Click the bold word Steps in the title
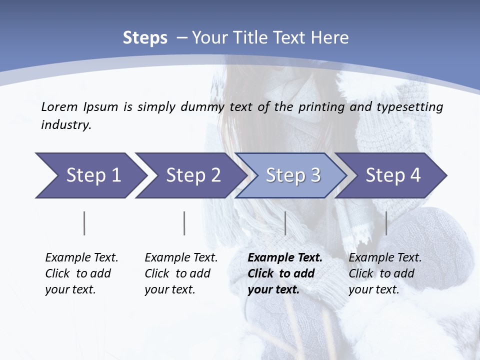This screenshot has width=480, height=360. (145, 38)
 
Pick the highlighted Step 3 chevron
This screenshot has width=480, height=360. (293, 175)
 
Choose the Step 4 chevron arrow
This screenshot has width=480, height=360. (393, 175)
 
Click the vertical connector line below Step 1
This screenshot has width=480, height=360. (84, 223)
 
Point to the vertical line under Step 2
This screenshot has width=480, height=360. (184, 223)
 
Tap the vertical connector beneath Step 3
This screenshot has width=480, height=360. (285, 223)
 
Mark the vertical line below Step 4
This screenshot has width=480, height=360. (386, 223)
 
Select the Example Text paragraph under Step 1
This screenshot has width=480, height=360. (81, 273)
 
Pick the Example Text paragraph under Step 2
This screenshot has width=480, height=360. (181, 273)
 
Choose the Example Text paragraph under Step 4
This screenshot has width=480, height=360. (385, 273)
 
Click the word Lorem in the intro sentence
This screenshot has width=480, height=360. (59, 107)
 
